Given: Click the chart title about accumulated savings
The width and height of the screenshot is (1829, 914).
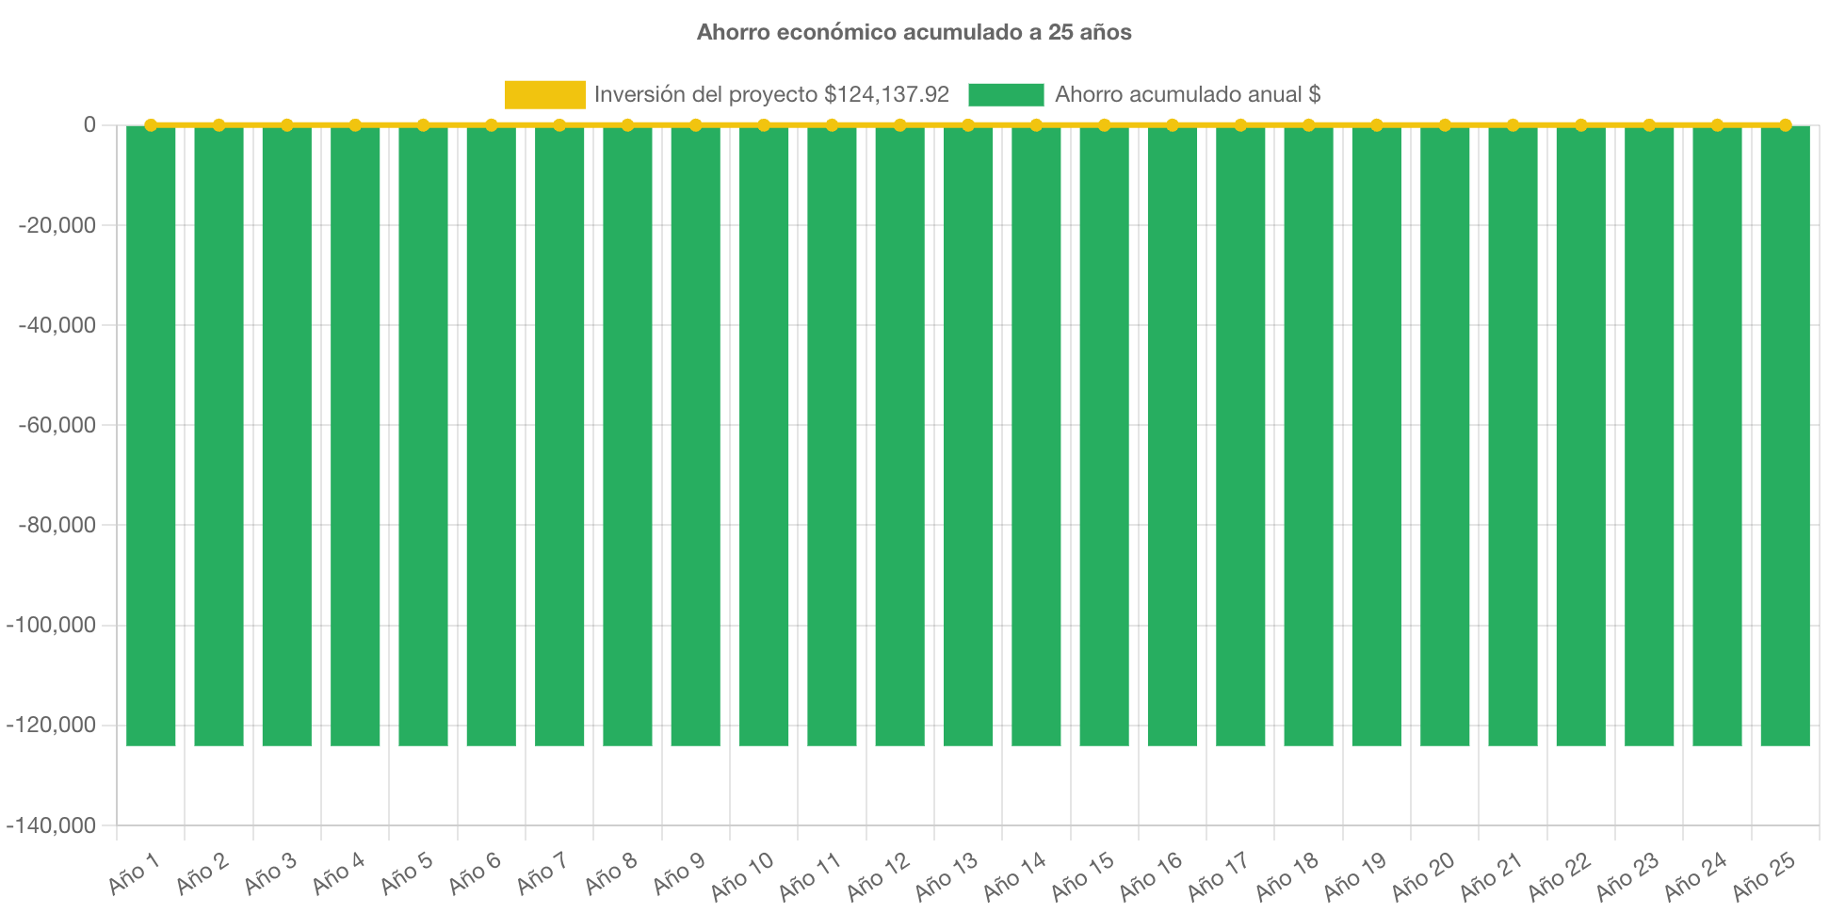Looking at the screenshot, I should click(914, 32).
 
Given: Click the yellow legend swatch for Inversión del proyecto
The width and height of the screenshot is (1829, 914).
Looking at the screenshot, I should click(544, 94).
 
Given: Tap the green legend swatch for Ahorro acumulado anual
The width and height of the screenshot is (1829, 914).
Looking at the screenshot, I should click(1006, 94).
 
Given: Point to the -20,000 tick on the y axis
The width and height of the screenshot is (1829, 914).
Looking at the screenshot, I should click(57, 225).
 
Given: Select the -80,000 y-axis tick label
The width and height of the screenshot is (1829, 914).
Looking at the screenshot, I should click(57, 525).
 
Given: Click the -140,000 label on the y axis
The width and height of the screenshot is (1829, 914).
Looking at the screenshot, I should click(52, 825).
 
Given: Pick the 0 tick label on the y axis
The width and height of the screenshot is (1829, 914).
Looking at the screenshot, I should click(89, 124).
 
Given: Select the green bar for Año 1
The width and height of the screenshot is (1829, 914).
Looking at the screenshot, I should click(151, 433).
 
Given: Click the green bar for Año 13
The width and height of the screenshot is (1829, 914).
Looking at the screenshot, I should click(968, 433).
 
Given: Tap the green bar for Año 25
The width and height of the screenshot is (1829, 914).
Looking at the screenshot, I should click(1785, 433).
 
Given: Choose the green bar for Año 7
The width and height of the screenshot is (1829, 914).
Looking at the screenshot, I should click(559, 433).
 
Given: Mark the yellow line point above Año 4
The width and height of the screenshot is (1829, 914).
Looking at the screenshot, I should click(355, 124).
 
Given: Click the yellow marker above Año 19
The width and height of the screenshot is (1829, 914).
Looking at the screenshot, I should click(1377, 124).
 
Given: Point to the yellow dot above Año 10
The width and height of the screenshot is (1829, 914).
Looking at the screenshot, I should click(764, 124).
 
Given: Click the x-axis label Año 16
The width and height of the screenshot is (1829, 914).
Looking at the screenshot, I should click(1151, 875).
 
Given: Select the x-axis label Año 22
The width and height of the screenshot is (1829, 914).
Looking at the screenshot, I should click(1560, 875).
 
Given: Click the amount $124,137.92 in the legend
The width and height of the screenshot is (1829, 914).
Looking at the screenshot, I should click(886, 94).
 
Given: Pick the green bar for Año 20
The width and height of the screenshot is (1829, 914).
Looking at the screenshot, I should click(1445, 433).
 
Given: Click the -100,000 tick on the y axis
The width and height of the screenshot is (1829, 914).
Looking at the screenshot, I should click(52, 625).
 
